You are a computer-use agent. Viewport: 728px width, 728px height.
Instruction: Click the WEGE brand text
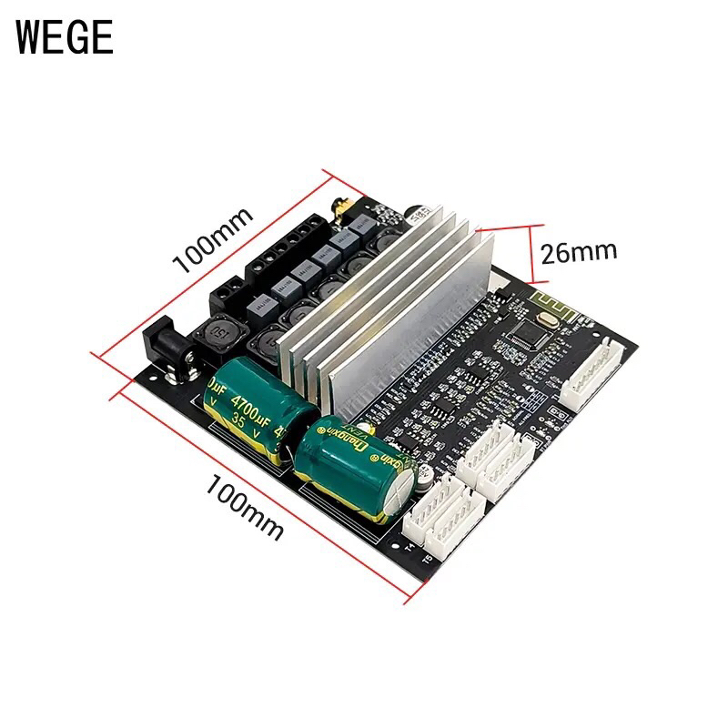pyautogui.click(x=65, y=36)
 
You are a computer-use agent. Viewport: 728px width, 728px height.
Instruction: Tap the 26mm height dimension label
pyautogui.click(x=579, y=250)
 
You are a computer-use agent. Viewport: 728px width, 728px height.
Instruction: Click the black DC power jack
pyautogui.click(x=167, y=351)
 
